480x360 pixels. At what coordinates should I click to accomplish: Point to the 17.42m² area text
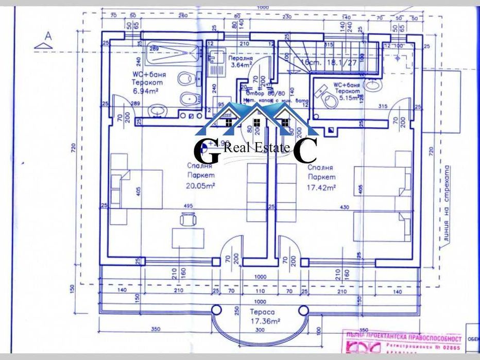(321, 187)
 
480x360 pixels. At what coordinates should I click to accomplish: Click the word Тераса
(262, 312)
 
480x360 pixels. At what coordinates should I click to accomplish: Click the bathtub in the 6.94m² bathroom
(173, 55)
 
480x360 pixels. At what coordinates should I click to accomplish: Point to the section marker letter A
(48, 36)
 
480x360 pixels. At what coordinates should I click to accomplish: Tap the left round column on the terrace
(217, 311)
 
